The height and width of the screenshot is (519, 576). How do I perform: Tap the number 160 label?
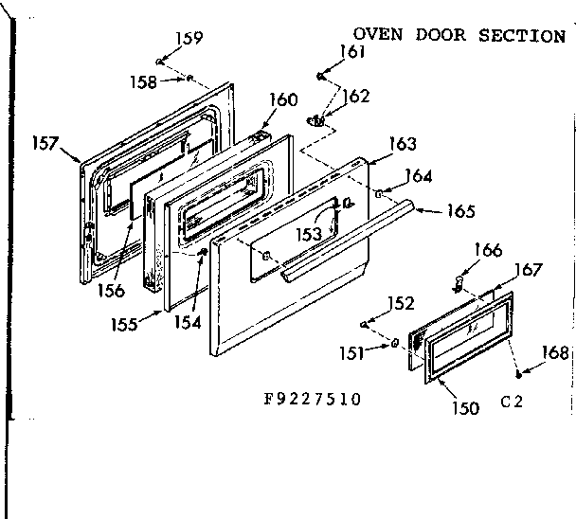pyautogui.click(x=283, y=99)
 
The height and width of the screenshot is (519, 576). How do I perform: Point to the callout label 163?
pyautogui.click(x=403, y=144)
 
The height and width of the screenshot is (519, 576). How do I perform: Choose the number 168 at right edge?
pyautogui.click(x=556, y=353)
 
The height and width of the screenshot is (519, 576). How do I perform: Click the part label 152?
pyautogui.click(x=402, y=303)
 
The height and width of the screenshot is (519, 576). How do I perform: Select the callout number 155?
pyautogui.click(x=124, y=323)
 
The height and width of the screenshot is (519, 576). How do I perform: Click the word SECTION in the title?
pyautogui.click(x=524, y=35)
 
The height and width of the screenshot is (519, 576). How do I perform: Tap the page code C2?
pyautogui.click(x=512, y=402)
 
